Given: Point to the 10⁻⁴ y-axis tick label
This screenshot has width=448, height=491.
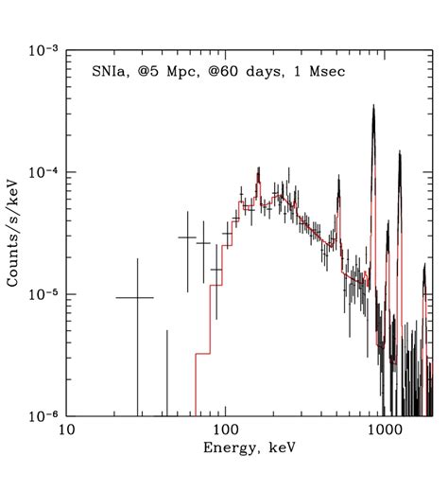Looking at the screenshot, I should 41,172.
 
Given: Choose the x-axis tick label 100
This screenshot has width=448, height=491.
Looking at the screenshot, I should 224,430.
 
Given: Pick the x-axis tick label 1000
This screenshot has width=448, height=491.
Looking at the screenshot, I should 384,430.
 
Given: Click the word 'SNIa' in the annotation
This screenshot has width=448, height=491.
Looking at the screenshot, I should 122,71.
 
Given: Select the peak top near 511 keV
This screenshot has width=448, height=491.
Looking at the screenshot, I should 337,185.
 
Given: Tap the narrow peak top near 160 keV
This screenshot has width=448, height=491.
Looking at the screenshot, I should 257,169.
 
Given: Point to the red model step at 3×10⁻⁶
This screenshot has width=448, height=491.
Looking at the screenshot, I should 201,354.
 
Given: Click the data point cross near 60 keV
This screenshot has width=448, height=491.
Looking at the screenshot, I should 187,237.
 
